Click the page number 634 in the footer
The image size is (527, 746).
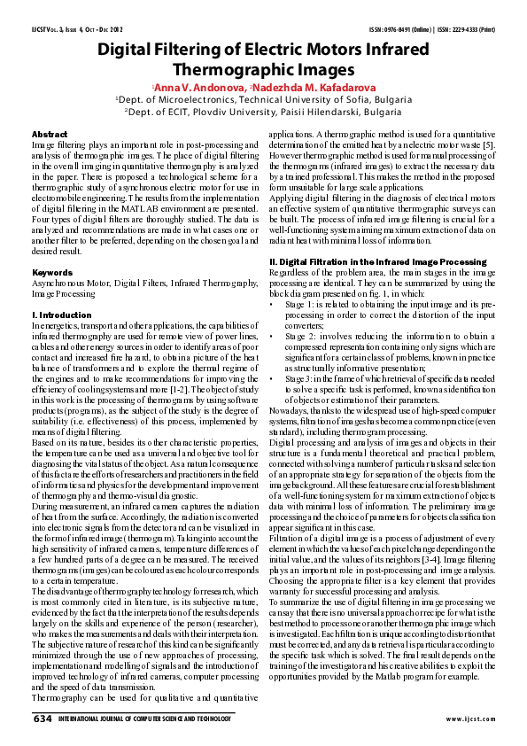coord(42,719)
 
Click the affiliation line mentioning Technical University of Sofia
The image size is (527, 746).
coord(264,100)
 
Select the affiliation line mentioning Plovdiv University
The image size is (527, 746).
coord(264,113)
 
